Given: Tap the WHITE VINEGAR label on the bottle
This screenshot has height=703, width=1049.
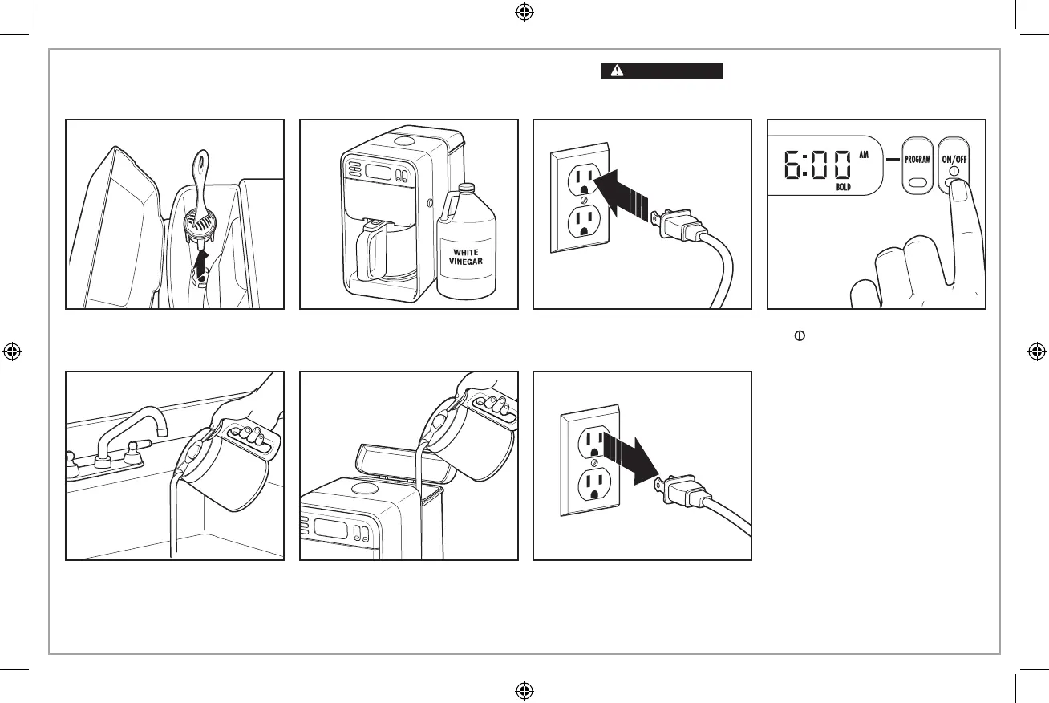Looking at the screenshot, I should (x=465, y=258).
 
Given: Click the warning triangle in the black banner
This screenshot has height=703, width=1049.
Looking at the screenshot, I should (x=616, y=71).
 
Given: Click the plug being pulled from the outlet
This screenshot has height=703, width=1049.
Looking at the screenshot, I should (x=682, y=490).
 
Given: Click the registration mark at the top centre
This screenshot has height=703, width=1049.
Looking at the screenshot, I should (x=524, y=12).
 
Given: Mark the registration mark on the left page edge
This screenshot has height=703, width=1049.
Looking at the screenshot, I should (x=11, y=351).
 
